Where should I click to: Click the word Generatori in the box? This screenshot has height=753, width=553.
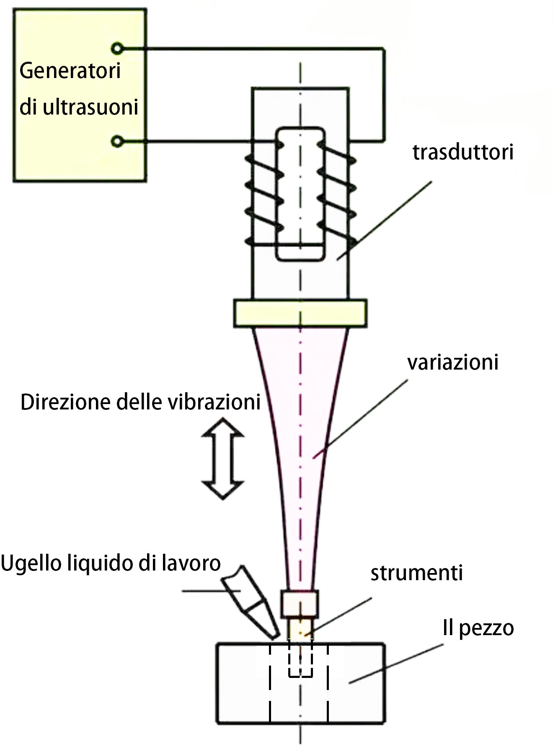pos(70,71)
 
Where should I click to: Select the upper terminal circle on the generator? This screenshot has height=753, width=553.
pos(118,49)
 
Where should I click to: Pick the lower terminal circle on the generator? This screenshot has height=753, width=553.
pos(118,141)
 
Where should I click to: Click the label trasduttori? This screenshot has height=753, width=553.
pos(463,152)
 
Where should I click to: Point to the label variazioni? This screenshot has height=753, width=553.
pos(453,362)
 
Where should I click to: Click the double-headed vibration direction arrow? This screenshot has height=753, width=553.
pos(222,459)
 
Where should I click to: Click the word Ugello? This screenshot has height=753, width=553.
pos(32,563)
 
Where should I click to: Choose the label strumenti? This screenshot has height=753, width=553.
pos(416,573)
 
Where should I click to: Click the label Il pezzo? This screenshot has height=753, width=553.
pos(478,628)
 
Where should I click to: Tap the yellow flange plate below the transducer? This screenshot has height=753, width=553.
pos(300,313)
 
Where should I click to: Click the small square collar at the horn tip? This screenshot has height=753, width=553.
pos(300,603)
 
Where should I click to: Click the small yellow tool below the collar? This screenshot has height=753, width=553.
pos(300,628)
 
